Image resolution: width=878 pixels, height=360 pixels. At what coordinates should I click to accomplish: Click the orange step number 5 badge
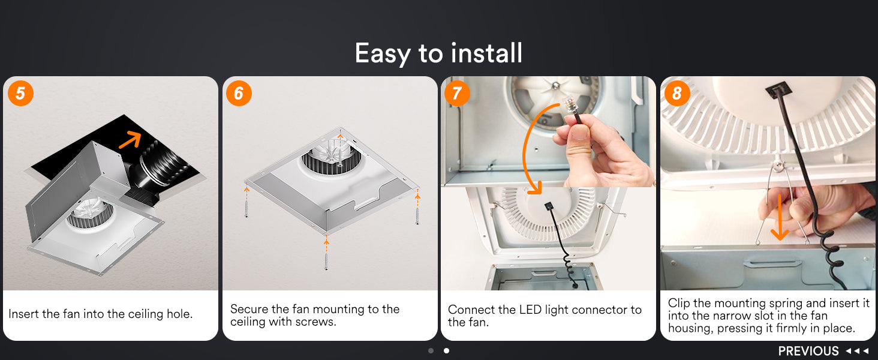tap(20, 94)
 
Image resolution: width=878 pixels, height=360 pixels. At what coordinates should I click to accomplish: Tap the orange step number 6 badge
tap(239, 94)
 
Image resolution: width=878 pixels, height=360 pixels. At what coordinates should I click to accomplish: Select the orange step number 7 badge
tap(457, 94)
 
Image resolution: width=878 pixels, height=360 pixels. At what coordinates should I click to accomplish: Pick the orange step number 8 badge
tap(677, 94)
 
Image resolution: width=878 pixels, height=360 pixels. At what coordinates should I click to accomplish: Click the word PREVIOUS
tap(808, 351)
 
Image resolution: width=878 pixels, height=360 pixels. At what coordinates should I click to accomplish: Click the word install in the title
tap(486, 53)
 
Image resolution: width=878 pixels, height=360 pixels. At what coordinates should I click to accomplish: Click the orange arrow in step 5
tap(130, 139)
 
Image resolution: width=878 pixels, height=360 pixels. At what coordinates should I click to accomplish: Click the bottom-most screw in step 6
tap(326, 261)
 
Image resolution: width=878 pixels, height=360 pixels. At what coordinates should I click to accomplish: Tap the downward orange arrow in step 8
tap(779, 218)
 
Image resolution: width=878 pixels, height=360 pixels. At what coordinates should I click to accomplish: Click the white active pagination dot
tap(446, 350)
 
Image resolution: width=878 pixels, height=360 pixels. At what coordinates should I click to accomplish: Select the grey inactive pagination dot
tap(431, 350)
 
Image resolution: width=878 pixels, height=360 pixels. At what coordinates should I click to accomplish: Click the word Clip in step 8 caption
tap(679, 303)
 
